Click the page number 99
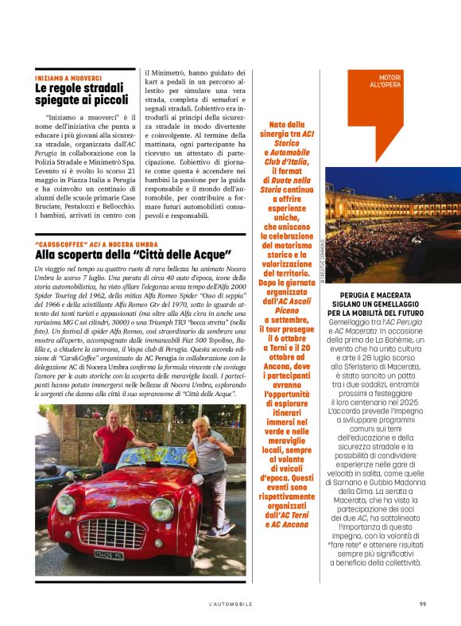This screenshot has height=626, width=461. pos(422,604)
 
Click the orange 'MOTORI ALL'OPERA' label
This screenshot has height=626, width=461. pos(385,80)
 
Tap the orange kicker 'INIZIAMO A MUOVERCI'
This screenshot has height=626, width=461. pos(68,79)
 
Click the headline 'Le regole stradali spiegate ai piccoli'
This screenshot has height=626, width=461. pos(81,94)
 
